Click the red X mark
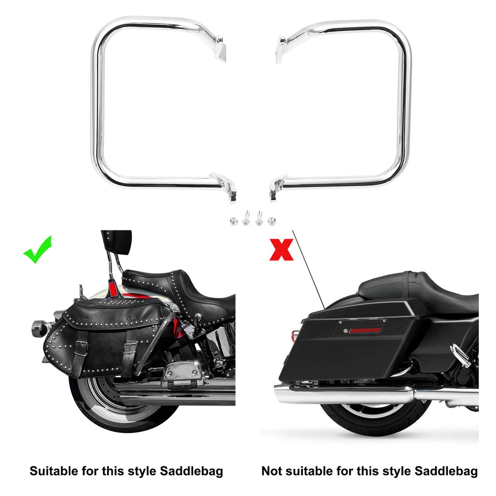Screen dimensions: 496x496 [281, 250]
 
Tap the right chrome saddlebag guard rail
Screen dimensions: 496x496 [406, 103]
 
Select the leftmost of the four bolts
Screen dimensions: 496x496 [234, 221]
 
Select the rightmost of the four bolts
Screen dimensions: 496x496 [272, 221]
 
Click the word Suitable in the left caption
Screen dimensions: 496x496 [53, 471]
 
